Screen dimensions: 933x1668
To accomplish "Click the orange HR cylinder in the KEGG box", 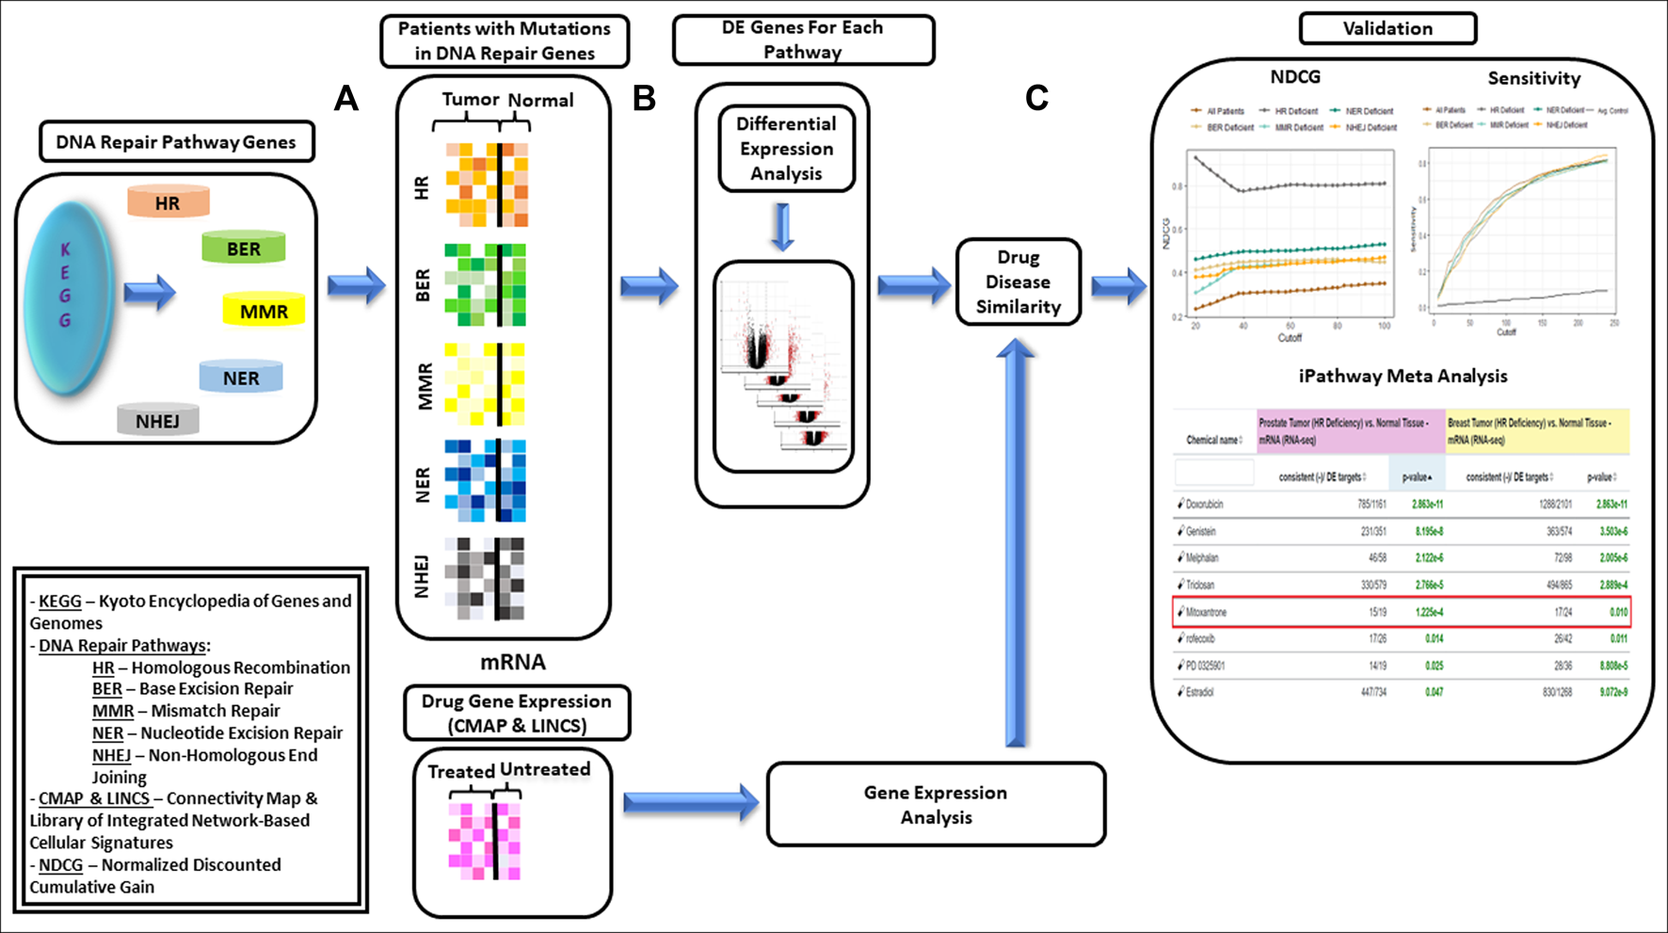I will [x=168, y=202].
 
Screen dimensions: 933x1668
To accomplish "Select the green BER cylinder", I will [x=243, y=249].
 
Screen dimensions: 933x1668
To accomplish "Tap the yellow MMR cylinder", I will [x=264, y=311].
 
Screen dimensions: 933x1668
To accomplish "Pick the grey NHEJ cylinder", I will [x=157, y=421].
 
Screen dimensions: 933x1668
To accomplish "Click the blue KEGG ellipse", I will [x=68, y=296].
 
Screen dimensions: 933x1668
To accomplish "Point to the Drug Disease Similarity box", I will [x=1018, y=282].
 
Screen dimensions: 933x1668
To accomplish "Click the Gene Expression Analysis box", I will [x=936, y=804].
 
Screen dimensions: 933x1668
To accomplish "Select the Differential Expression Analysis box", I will [x=786, y=149].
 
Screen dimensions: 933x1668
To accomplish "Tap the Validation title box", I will [x=1387, y=28].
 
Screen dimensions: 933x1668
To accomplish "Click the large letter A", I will [x=346, y=98].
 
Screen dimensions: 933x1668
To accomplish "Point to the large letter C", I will [x=1036, y=98].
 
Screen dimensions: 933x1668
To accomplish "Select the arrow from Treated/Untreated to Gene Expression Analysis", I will [x=690, y=802].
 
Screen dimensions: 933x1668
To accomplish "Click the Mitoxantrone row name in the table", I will [x=1206, y=612].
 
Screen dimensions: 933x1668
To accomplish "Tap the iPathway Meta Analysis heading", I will [x=1403, y=376].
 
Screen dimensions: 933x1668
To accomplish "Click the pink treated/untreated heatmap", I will [x=485, y=841].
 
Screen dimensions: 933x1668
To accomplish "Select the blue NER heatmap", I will [x=486, y=480].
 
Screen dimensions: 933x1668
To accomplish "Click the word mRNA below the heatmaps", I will [x=512, y=662].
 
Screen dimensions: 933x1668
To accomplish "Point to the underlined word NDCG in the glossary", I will [x=61, y=864].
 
